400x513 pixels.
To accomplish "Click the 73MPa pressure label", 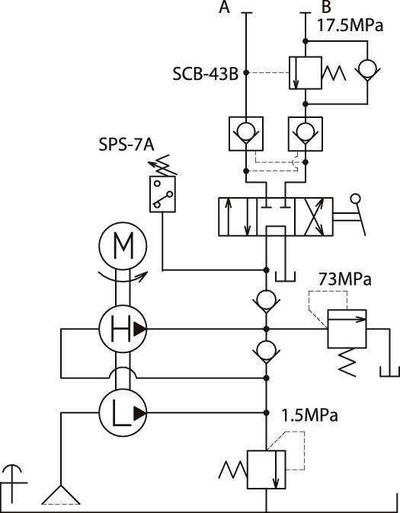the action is coord(345,280).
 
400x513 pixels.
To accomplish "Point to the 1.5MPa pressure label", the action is coord(310,416).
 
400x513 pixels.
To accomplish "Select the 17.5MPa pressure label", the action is coord(350,26).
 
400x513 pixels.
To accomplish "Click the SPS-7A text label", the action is coord(126,145).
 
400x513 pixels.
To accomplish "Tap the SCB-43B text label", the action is coord(206,74).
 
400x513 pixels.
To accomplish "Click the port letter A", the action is coord(225,7).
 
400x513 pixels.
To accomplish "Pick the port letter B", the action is coord(326,7).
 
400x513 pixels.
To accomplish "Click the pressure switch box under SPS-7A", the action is coord(162,194).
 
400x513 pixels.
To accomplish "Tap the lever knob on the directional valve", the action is coord(356,199).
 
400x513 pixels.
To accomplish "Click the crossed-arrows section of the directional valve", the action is coord(314,217).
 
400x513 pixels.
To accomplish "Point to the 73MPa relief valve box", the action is coord(347,329).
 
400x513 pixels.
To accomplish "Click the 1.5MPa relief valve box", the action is coord(267,470).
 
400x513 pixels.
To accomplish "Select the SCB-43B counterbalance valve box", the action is coord(306,72).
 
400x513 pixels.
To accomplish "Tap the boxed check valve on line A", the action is coord(246,133).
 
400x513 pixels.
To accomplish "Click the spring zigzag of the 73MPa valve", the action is coord(347,362).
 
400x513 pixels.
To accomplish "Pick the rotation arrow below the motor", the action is coord(123,277).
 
